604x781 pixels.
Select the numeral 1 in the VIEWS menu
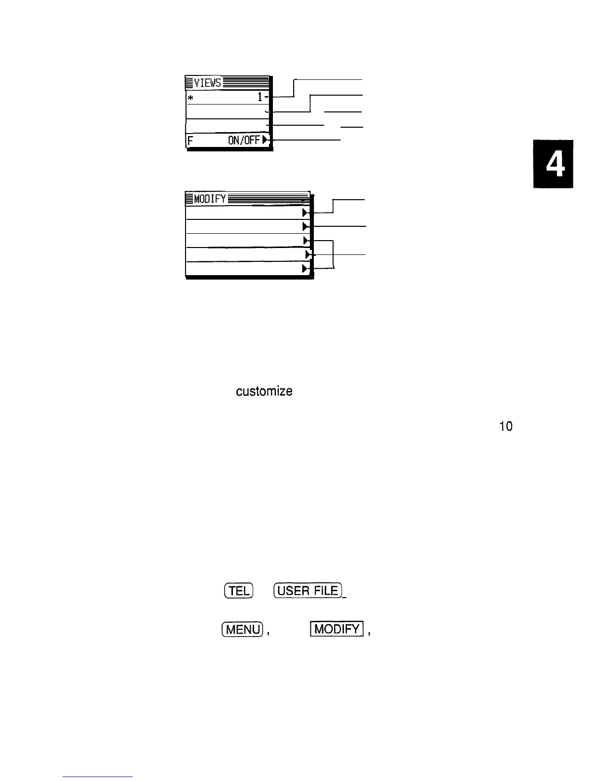coord(260,98)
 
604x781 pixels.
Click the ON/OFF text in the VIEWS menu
coord(244,141)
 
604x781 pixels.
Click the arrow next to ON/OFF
coord(265,141)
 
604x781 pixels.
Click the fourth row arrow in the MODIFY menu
coord(307,254)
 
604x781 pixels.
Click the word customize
coord(264,392)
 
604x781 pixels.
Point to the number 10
coord(506,427)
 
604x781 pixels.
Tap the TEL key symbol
coord(239,591)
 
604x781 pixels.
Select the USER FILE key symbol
coord(308,591)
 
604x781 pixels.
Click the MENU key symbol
coord(242,630)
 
